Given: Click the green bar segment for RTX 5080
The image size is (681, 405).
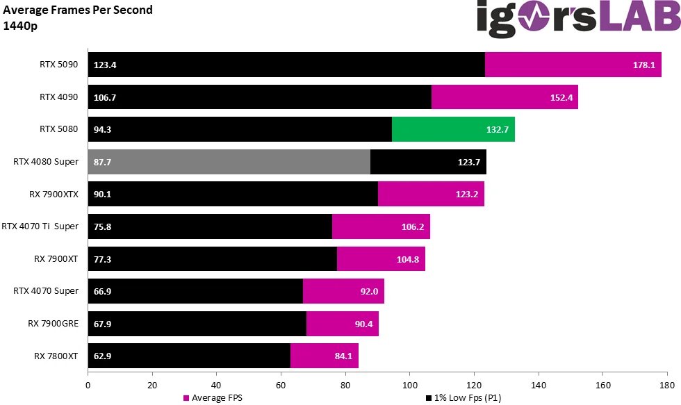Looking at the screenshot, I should (x=453, y=129).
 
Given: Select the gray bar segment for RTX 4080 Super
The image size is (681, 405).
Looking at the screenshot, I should (x=229, y=162).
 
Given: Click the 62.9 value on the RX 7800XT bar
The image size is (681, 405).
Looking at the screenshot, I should (x=103, y=356).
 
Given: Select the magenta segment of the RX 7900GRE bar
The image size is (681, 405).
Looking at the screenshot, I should (x=342, y=324).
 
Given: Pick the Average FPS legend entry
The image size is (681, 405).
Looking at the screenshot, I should (x=211, y=398).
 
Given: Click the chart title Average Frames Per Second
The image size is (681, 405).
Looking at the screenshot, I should (x=78, y=10).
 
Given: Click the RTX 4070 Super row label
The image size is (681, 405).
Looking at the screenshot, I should (x=46, y=291).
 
